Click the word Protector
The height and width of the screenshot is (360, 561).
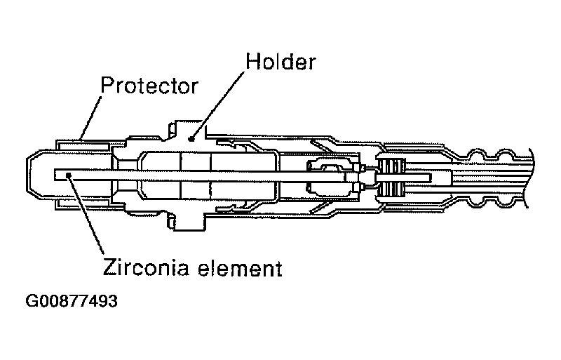click(x=149, y=86)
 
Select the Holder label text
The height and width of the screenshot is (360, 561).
click(x=280, y=62)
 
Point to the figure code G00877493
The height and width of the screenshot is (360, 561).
click(x=71, y=302)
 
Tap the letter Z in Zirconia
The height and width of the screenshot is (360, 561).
click(x=109, y=268)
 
